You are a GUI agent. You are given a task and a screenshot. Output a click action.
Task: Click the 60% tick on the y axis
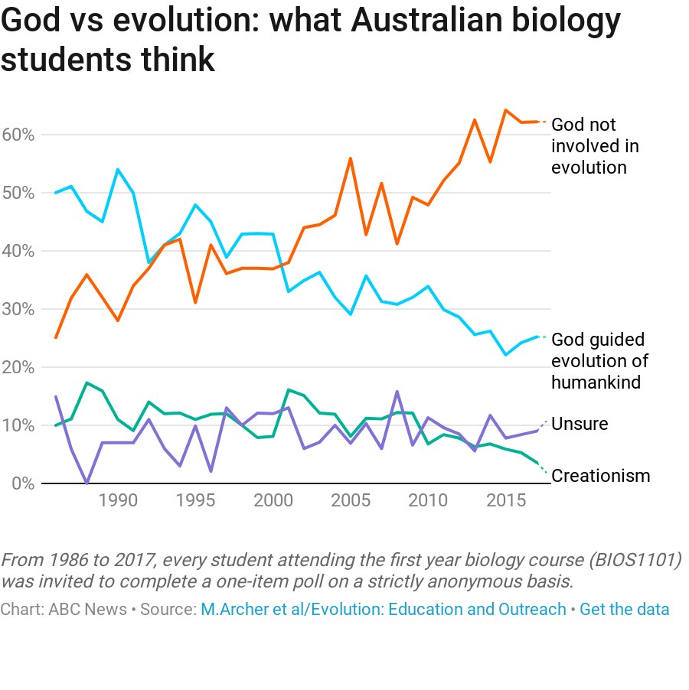tap(18, 135)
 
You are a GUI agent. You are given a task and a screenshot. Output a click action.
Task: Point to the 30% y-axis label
tap(18, 309)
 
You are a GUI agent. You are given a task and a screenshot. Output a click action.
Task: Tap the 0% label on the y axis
tap(23, 483)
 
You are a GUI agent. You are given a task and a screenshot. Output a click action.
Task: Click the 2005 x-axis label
tap(350, 501)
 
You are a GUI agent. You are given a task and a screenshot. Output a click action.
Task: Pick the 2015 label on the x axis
tap(505, 501)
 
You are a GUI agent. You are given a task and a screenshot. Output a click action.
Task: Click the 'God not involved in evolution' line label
tap(594, 145)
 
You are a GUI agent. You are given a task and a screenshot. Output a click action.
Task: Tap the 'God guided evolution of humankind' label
tap(599, 360)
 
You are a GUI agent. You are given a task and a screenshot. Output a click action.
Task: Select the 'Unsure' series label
tap(579, 424)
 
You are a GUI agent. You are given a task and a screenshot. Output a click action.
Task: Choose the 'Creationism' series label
tap(600, 476)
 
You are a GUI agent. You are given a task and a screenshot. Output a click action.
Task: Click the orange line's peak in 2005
tap(350, 158)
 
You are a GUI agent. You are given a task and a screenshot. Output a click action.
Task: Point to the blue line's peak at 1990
tap(117, 169)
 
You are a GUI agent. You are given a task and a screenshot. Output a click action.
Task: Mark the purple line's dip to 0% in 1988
tap(87, 483)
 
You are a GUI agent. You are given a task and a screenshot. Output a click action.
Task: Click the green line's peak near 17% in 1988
tap(87, 382)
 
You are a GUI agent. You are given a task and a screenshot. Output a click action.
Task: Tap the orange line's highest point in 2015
tap(505, 109)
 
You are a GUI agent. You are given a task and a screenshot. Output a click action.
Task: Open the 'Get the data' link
tap(624, 610)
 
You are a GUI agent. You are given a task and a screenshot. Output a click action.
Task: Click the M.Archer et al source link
tap(383, 610)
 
